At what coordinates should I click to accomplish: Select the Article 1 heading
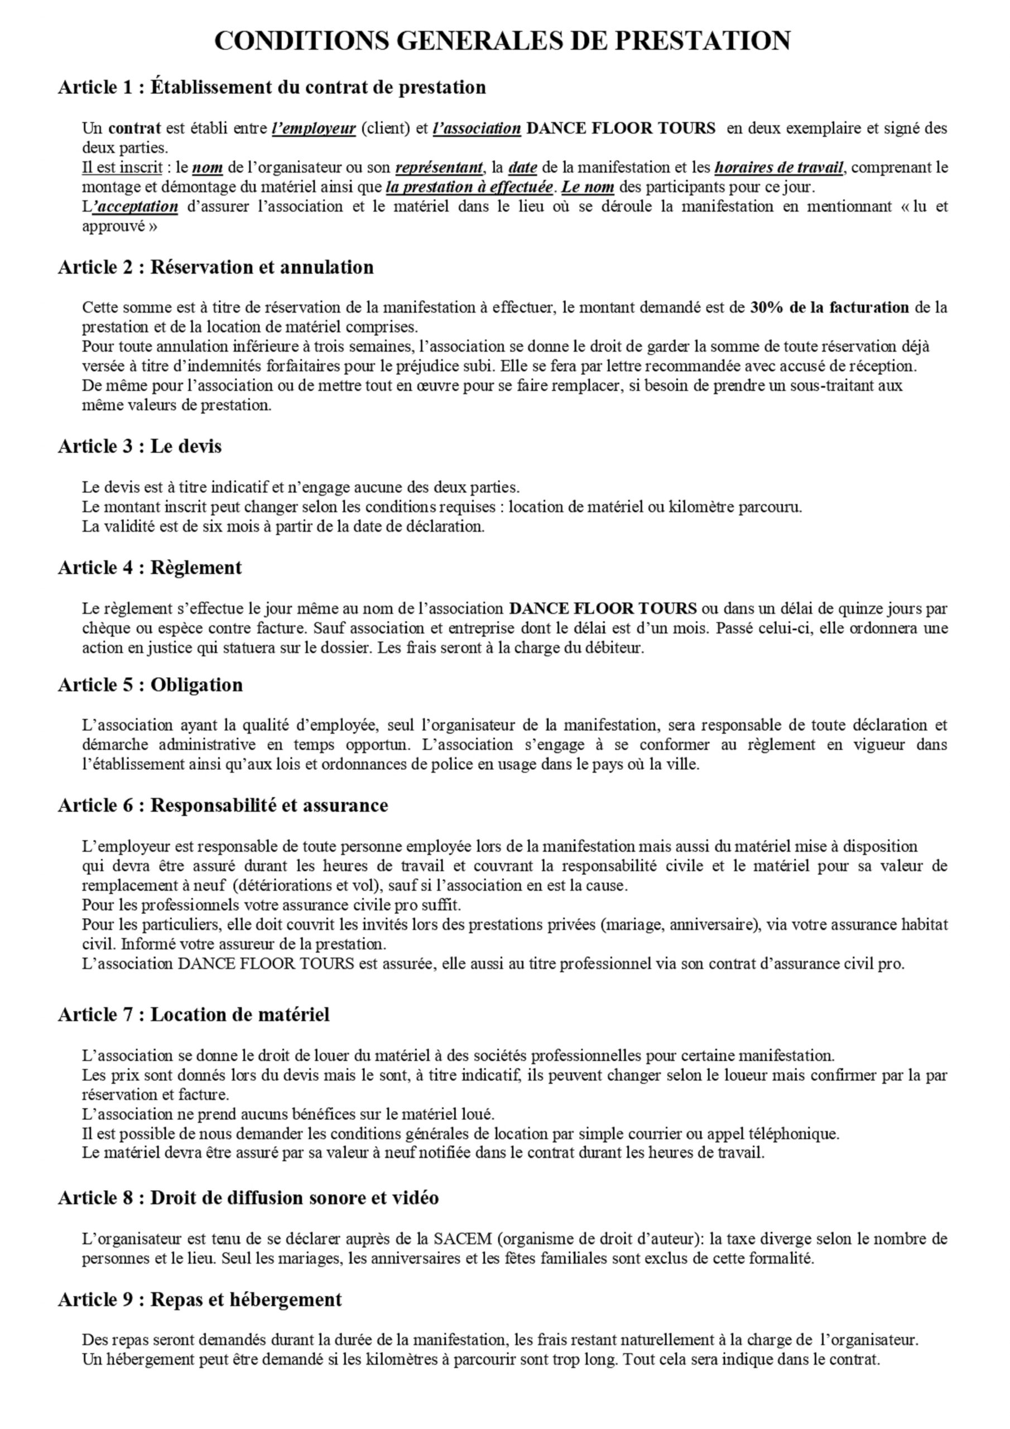(271, 87)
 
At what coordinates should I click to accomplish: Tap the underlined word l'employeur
(314, 129)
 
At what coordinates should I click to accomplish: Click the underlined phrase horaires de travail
(779, 167)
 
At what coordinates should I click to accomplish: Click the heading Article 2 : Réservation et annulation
(215, 267)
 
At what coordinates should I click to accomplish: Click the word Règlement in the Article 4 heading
(196, 568)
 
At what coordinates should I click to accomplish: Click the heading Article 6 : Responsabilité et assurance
(223, 805)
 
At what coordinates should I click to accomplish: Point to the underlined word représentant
(439, 167)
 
